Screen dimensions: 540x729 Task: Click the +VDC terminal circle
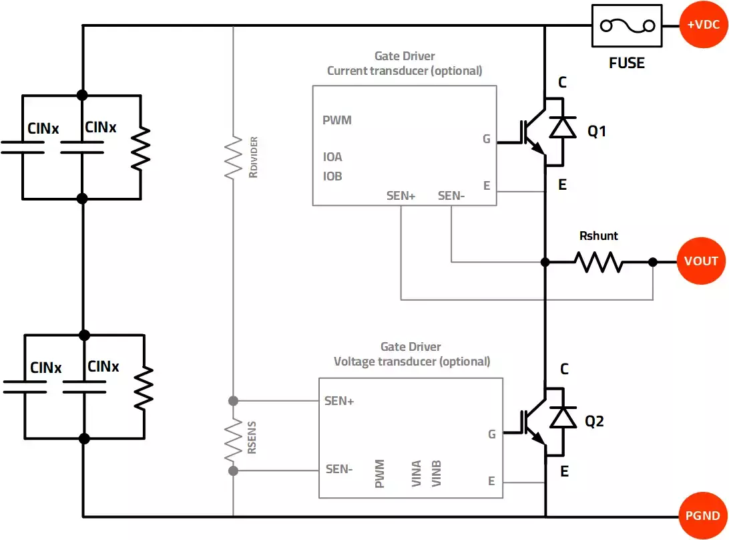(x=703, y=25)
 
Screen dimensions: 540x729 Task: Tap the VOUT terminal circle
(x=701, y=261)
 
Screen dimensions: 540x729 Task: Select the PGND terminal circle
(x=703, y=515)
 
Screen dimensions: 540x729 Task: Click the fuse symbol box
(x=627, y=26)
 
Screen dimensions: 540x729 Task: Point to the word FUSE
(x=627, y=63)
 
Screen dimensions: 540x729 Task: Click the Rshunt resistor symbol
(x=599, y=262)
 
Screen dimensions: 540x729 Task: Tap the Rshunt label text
(x=598, y=236)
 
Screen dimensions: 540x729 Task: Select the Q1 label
(x=597, y=132)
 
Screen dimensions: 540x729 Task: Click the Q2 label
(x=595, y=422)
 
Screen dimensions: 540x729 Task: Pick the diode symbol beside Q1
(x=562, y=127)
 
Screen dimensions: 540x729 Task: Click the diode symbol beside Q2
(x=562, y=417)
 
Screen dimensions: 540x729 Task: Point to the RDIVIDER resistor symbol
(x=233, y=157)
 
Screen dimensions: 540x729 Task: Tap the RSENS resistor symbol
(x=233, y=439)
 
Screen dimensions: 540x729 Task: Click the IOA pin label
(x=332, y=157)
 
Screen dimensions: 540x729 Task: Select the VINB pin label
(x=437, y=473)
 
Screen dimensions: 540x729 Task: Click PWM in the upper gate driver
(x=337, y=120)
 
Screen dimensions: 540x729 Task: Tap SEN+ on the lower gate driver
(x=339, y=401)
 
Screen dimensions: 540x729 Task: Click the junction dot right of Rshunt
(x=653, y=262)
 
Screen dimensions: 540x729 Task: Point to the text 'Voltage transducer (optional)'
(x=412, y=362)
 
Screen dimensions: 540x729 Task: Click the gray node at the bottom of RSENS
(x=233, y=471)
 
